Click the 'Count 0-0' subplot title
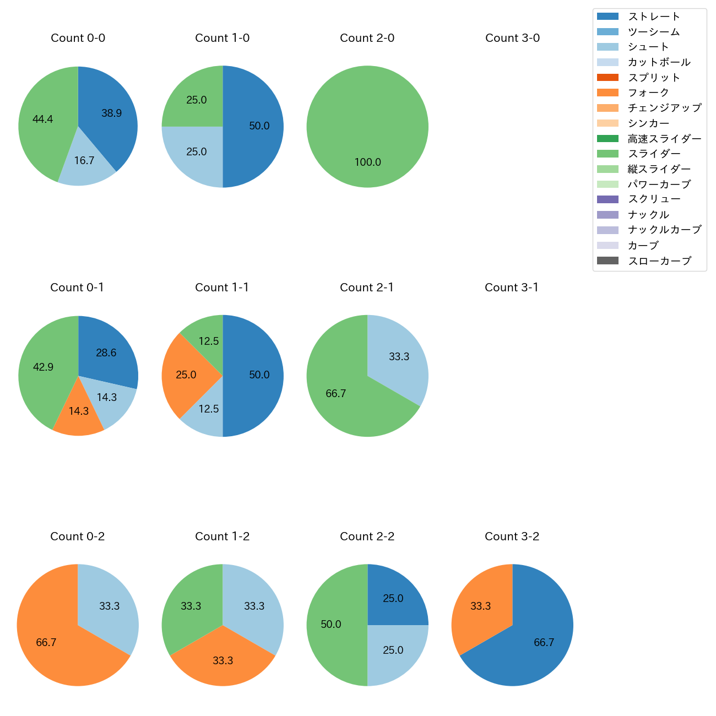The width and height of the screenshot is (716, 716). tap(78, 38)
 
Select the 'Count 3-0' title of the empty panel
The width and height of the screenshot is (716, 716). tap(512, 38)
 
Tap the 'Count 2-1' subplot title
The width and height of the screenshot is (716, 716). tap(367, 288)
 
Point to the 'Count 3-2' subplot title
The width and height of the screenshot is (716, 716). tap(512, 536)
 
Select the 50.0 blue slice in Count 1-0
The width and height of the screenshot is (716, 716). tap(256, 126)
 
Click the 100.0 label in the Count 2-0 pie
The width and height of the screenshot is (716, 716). tap(367, 162)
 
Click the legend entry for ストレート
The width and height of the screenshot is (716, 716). tap(654, 17)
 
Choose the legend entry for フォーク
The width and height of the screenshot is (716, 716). tap(648, 93)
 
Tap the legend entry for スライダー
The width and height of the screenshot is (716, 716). tap(654, 154)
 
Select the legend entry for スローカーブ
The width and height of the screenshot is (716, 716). tap(659, 261)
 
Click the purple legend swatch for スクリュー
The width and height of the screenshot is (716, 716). tap(607, 199)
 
